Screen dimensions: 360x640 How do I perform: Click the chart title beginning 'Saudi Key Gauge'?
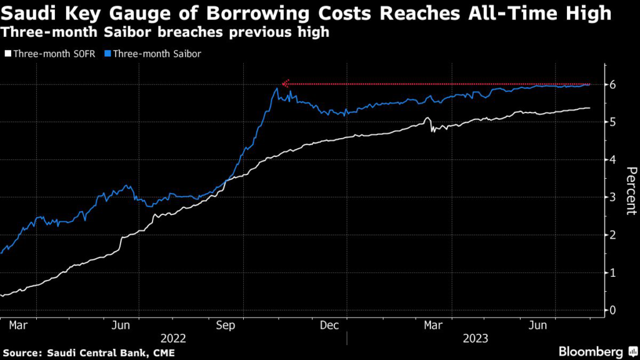pos(306,13)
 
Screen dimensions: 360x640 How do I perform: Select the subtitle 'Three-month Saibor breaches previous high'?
pos(165,32)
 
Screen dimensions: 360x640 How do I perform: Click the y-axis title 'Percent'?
pos(631,191)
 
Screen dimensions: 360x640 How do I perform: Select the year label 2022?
pos(172,339)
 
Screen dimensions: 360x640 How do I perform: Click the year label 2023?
pos(475,339)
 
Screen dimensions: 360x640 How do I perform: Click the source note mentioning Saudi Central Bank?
pos(87,353)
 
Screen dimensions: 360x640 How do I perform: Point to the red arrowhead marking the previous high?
pos(286,83)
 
